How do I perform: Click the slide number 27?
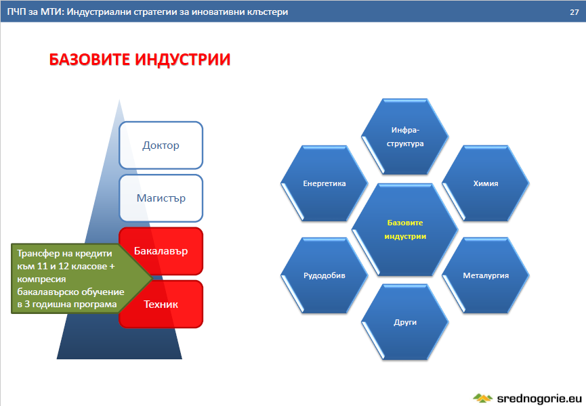[574, 12]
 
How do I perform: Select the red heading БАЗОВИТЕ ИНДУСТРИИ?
[140, 60]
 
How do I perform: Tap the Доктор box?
[161, 145]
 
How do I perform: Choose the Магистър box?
[161, 198]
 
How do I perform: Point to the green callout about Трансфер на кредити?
[75, 278]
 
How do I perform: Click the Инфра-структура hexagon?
[404, 137]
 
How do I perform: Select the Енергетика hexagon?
[324, 183]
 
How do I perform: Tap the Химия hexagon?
[486, 183]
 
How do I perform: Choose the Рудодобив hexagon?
[324, 275]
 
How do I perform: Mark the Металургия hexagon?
[486, 275]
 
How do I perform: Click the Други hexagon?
[404, 322]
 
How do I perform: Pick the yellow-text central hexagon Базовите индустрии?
[404, 229]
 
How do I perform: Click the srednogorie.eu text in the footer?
[539, 398]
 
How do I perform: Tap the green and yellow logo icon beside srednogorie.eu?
[483, 398]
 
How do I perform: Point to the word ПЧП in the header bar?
[16, 12]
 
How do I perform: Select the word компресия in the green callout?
[41, 279]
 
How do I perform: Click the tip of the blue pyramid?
[119, 99]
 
